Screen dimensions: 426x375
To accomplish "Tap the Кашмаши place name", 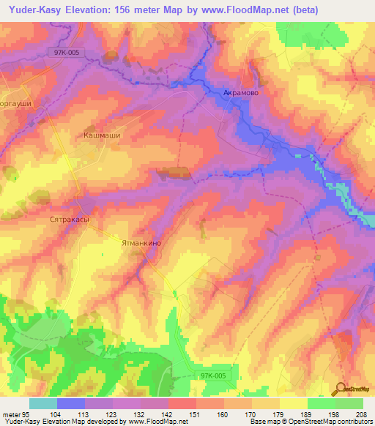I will coord(101,135).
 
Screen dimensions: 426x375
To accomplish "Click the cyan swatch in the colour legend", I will coord(43,403).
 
